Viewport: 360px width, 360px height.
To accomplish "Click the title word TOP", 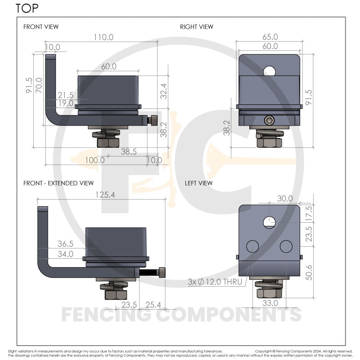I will pos(27,8).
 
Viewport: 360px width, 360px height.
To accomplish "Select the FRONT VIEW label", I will pos(41,27).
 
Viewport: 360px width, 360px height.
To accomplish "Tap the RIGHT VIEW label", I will pos(197,27).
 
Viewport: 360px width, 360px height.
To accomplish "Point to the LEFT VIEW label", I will pos(198,183).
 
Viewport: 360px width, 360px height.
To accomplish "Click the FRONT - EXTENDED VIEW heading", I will pos(58,183).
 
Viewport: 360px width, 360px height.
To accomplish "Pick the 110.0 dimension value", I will pos(103,38).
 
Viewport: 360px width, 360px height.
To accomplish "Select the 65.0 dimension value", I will pos(270,37).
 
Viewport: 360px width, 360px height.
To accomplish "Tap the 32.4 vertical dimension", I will pos(163,91).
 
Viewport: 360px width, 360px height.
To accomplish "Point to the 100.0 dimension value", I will pos(94,160).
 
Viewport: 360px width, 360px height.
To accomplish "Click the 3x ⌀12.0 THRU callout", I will pos(215,282).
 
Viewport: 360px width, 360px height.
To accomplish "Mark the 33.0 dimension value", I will pos(270,303).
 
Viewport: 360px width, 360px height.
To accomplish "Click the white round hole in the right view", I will pos(270,70).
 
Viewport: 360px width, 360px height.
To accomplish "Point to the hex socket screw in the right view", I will pos(269,120).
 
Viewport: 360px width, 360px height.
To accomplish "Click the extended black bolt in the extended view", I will pos(153,273).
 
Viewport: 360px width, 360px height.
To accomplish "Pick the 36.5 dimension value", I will pos(65,244).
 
